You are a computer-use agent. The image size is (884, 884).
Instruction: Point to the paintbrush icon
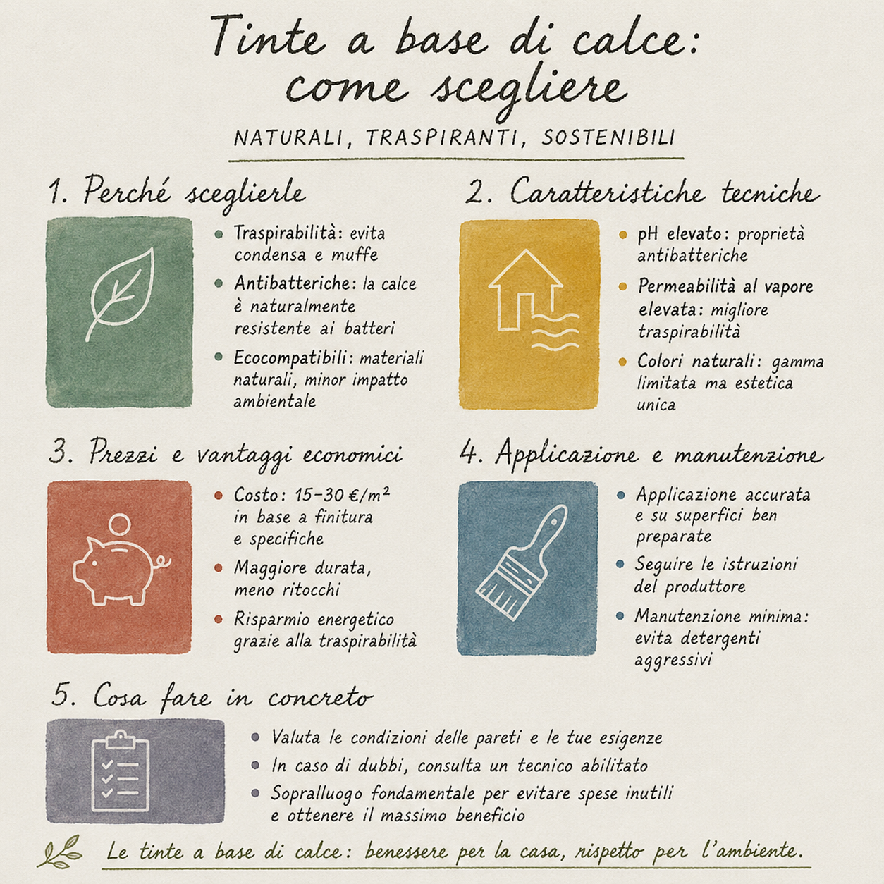pos(522,561)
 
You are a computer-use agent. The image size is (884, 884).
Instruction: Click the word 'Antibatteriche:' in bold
pos(295,283)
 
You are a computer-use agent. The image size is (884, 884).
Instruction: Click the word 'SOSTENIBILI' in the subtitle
pos(608,137)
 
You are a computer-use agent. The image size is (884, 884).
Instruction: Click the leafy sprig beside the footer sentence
pos(61,852)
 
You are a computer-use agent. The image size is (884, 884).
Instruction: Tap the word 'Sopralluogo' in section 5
pos(317,794)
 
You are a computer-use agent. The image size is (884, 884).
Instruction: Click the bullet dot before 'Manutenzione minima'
pos(620,615)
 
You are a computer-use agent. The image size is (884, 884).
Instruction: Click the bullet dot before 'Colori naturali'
pos(622,362)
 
